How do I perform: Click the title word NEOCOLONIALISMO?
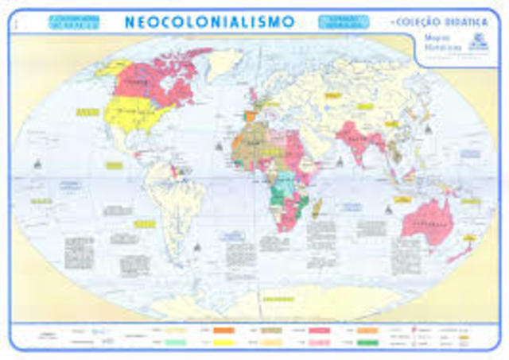[x=209, y=21]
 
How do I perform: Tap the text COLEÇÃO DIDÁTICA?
[x=440, y=21]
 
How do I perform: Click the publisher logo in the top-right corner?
[x=480, y=45]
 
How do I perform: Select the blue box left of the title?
[x=73, y=21]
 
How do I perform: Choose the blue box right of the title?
[x=343, y=21]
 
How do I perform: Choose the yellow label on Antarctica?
[x=278, y=299]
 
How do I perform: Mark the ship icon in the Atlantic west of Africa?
[x=217, y=145]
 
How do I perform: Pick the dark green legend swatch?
[x=367, y=343]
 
